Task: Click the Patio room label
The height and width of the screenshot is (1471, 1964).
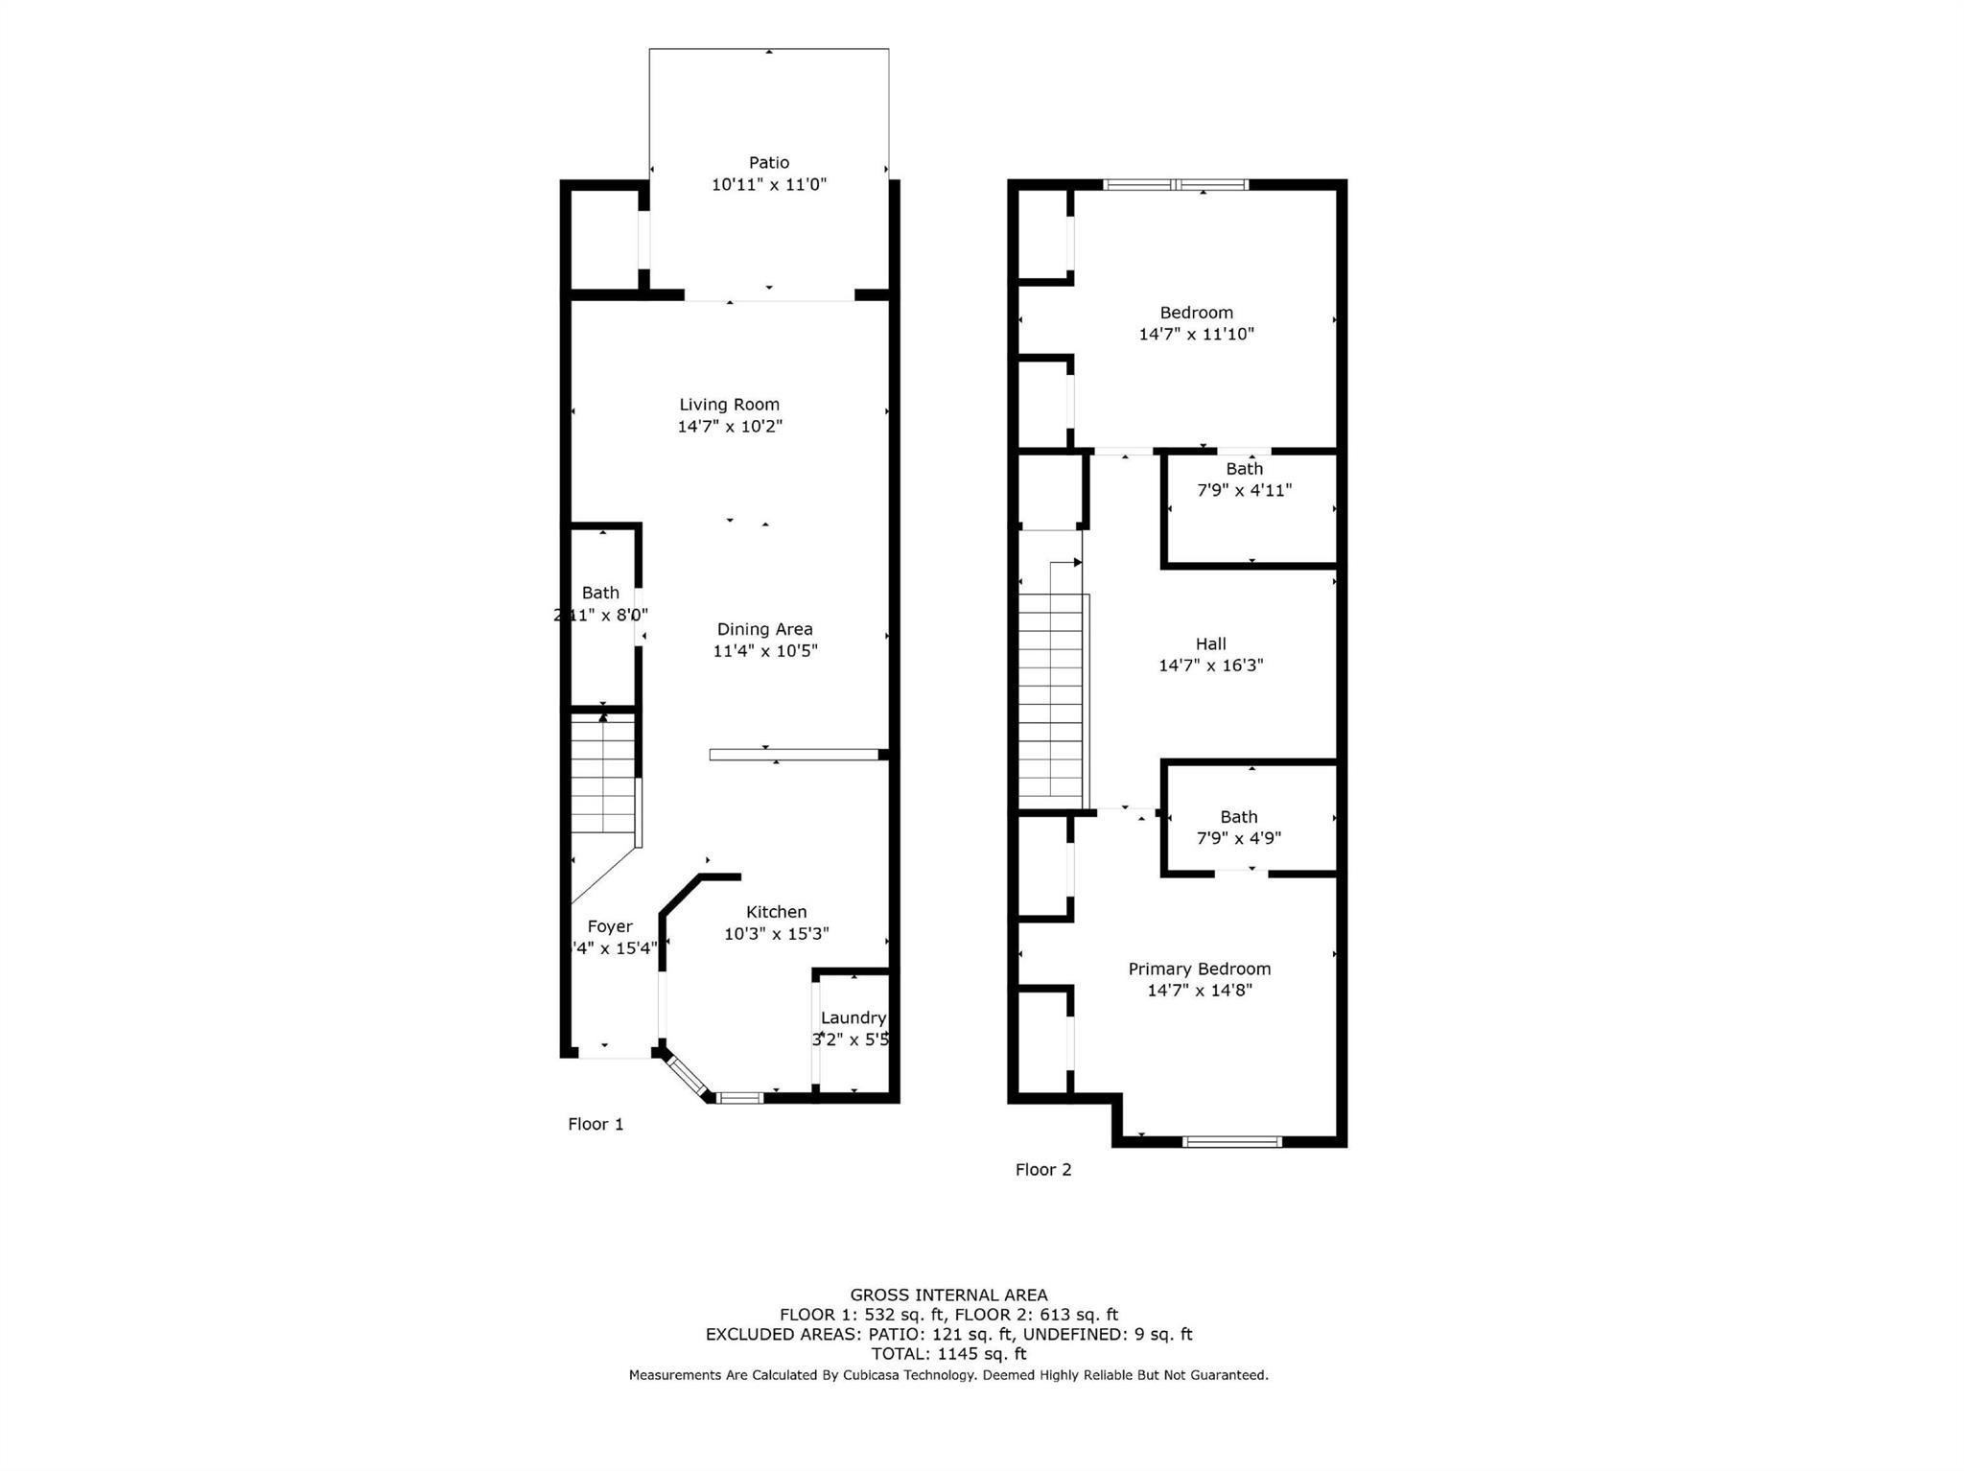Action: point(768,163)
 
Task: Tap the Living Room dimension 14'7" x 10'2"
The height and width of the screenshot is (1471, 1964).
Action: point(730,427)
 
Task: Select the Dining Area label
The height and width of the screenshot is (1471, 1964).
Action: point(764,629)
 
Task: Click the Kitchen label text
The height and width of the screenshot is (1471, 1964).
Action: point(776,912)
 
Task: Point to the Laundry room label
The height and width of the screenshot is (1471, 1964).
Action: point(853,1017)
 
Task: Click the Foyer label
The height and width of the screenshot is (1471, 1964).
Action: point(610,926)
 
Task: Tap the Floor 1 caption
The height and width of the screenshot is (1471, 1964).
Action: point(596,1124)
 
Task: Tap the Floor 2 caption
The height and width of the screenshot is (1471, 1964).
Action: point(1043,1169)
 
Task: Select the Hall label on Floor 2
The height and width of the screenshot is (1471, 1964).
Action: point(1210,644)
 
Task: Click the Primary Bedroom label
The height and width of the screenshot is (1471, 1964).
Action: point(1199,969)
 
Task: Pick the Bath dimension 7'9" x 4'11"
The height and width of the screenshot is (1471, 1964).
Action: point(1244,490)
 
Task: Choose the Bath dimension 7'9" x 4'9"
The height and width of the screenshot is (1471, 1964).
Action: point(1238,838)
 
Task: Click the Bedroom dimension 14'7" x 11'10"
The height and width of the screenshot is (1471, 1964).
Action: point(1196,335)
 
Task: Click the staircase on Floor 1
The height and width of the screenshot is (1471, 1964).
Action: point(603,777)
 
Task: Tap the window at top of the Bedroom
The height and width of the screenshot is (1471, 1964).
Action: point(1176,184)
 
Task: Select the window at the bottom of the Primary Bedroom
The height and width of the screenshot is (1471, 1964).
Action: point(1231,1141)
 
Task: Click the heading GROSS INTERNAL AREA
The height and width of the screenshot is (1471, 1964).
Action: point(948,1295)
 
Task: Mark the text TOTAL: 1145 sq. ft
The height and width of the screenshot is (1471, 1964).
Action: point(948,1354)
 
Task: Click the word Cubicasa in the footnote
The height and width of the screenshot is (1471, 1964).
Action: point(871,1375)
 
